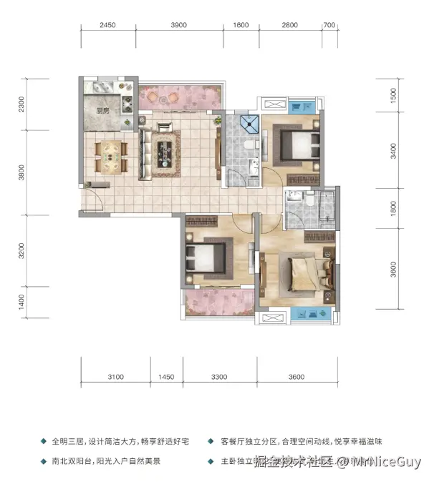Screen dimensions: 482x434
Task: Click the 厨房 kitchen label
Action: pyautogui.click(x=102, y=111)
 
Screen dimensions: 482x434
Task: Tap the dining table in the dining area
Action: pyautogui.click(x=111, y=154)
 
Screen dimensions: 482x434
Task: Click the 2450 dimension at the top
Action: pyautogui.click(x=107, y=25)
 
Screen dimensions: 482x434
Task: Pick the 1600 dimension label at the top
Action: pyautogui.click(x=241, y=25)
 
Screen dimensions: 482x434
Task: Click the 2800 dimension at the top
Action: pyautogui.click(x=289, y=25)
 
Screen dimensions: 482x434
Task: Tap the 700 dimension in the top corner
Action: pyautogui.click(x=329, y=25)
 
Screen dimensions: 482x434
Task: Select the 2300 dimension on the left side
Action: pyautogui.click(x=22, y=104)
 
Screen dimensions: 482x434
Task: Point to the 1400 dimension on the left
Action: pyautogui.click(x=22, y=301)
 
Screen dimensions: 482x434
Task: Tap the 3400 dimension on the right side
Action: pyautogui.click(x=393, y=151)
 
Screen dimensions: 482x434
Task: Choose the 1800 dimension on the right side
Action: pyautogui.click(x=393, y=208)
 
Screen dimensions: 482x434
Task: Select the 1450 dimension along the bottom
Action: pyautogui.click(x=167, y=377)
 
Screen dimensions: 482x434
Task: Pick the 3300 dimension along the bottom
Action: pyautogui.click(x=219, y=377)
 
